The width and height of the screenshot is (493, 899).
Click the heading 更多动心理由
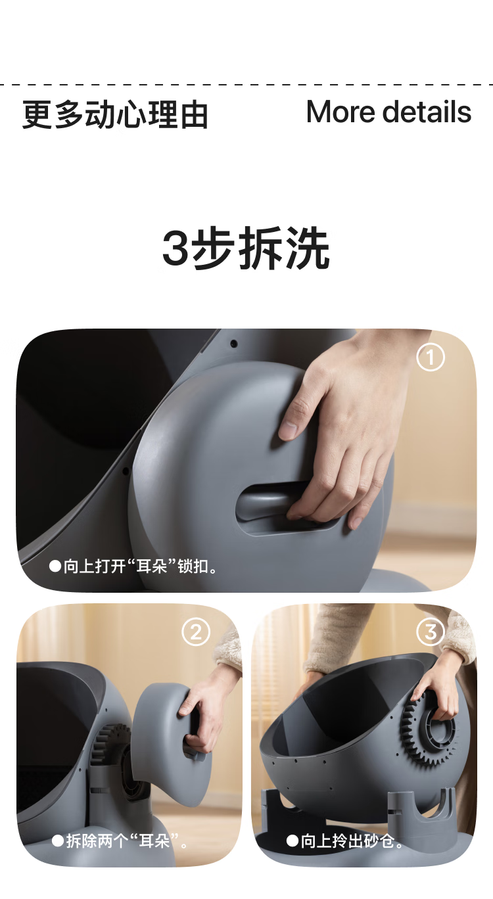click(x=115, y=114)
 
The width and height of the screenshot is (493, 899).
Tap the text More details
click(x=388, y=112)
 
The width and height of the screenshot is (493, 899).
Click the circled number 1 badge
click(x=431, y=357)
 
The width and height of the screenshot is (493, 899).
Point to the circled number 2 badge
click(x=196, y=632)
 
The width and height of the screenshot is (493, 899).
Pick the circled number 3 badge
click(x=431, y=632)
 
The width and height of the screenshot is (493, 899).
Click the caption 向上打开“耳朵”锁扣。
click(x=133, y=566)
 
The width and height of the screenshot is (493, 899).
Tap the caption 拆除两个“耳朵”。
click(x=120, y=842)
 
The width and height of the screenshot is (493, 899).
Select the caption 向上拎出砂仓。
click(x=345, y=841)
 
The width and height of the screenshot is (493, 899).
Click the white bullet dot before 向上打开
click(x=55, y=566)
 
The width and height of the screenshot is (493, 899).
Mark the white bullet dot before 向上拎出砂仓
click(x=293, y=841)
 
